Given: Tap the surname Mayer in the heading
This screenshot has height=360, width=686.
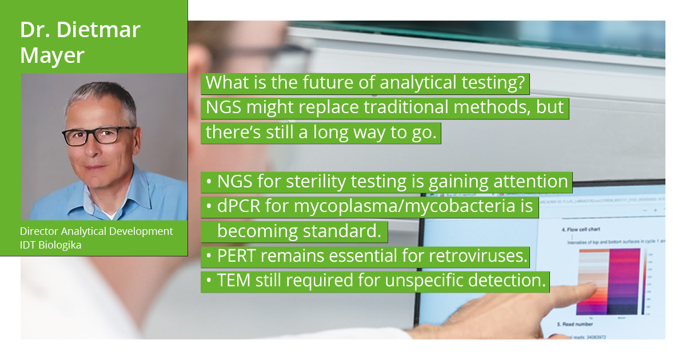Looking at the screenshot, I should click(53, 55).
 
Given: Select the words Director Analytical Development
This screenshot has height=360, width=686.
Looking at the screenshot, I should click(96, 231).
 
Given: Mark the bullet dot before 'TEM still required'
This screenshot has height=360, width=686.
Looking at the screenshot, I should click(209, 281).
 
